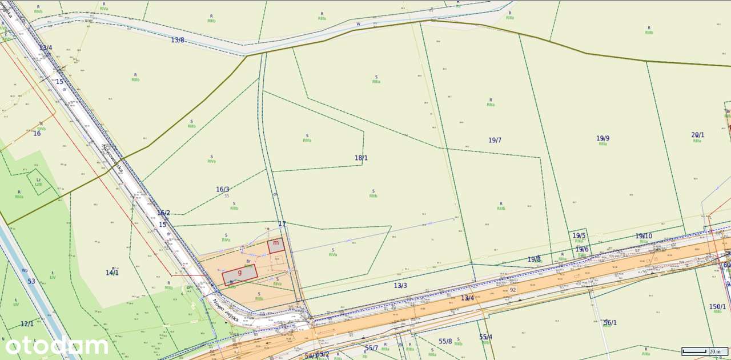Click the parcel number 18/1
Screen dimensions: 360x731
point(361,158)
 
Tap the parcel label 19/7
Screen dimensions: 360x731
point(495,140)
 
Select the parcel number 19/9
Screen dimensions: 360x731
point(603,138)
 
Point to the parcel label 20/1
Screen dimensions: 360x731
point(698,135)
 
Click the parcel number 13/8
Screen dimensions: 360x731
point(178,40)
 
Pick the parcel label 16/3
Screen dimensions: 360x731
point(223,189)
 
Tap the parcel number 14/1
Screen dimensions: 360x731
point(112,273)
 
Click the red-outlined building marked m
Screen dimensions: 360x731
point(276,245)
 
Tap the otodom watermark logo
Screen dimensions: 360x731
point(57,346)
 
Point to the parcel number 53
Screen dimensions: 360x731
point(31,281)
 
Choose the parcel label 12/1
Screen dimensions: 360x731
point(27,324)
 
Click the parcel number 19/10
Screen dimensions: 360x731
point(644,236)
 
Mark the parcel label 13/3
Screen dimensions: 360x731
point(400,285)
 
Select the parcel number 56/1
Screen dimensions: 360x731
point(610,323)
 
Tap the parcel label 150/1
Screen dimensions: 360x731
point(717,307)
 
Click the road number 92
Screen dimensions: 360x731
point(513,290)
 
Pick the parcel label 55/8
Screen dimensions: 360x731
point(445,341)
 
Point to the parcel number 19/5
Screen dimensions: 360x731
point(579,235)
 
